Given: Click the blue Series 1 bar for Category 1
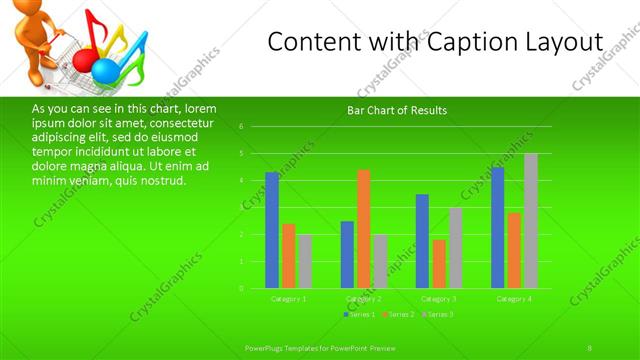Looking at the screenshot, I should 272,230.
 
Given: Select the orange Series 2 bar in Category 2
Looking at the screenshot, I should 363,229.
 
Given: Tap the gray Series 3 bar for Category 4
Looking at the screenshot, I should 531,221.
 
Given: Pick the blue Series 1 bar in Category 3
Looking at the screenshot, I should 422,241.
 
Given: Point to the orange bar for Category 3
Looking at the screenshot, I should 439,264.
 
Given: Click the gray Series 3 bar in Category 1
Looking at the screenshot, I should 304,262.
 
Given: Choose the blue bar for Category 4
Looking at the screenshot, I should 498,228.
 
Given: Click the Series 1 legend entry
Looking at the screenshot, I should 361,315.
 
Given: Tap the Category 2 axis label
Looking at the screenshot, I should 363,299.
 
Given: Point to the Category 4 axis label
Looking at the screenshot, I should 514,299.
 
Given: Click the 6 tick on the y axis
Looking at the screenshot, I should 241,127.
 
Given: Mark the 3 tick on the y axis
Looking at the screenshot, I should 241,208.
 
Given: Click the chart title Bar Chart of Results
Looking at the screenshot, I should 397,110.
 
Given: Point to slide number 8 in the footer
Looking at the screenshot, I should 590,347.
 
